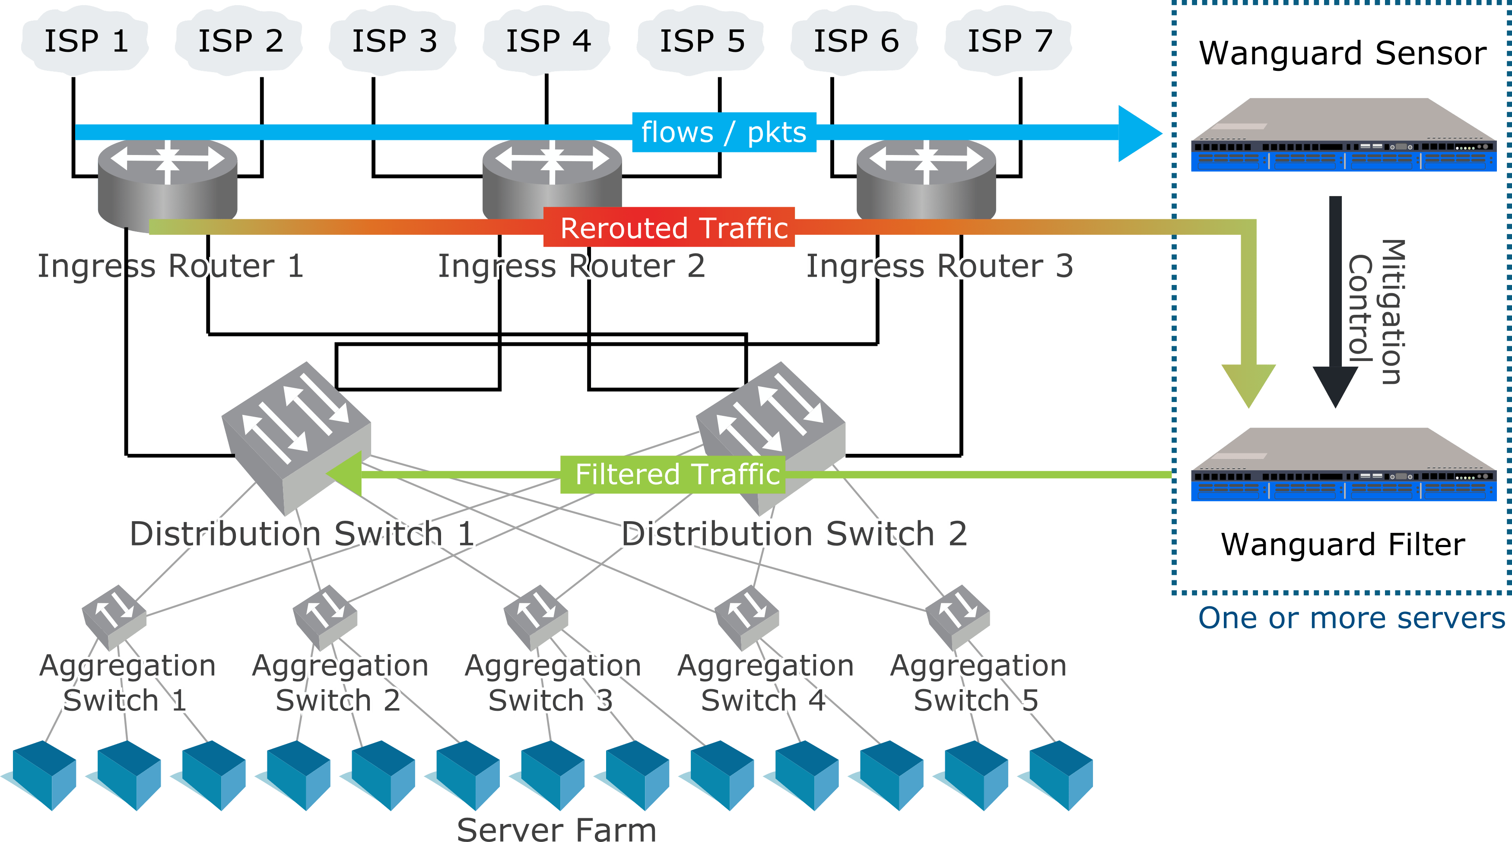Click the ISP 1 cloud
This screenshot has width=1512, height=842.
click(85, 41)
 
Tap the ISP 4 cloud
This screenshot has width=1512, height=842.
click(546, 41)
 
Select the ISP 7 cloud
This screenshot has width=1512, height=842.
click(1008, 41)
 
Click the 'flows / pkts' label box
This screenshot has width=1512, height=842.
click(724, 132)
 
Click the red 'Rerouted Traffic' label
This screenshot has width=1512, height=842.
click(669, 227)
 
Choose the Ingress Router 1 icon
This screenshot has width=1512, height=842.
click(167, 185)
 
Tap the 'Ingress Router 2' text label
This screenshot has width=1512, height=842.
click(571, 266)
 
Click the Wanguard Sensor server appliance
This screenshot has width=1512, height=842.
click(1343, 135)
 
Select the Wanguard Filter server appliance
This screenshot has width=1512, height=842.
click(1343, 464)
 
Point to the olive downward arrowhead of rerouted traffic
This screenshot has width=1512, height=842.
click(1248, 385)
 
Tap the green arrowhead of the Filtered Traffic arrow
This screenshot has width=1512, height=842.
click(344, 474)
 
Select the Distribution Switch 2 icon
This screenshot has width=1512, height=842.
click(770, 439)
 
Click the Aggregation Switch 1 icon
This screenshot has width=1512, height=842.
click(114, 617)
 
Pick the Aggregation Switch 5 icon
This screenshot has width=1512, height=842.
click(957, 617)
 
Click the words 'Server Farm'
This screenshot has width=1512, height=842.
click(556, 829)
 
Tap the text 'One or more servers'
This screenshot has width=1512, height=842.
click(1351, 618)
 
